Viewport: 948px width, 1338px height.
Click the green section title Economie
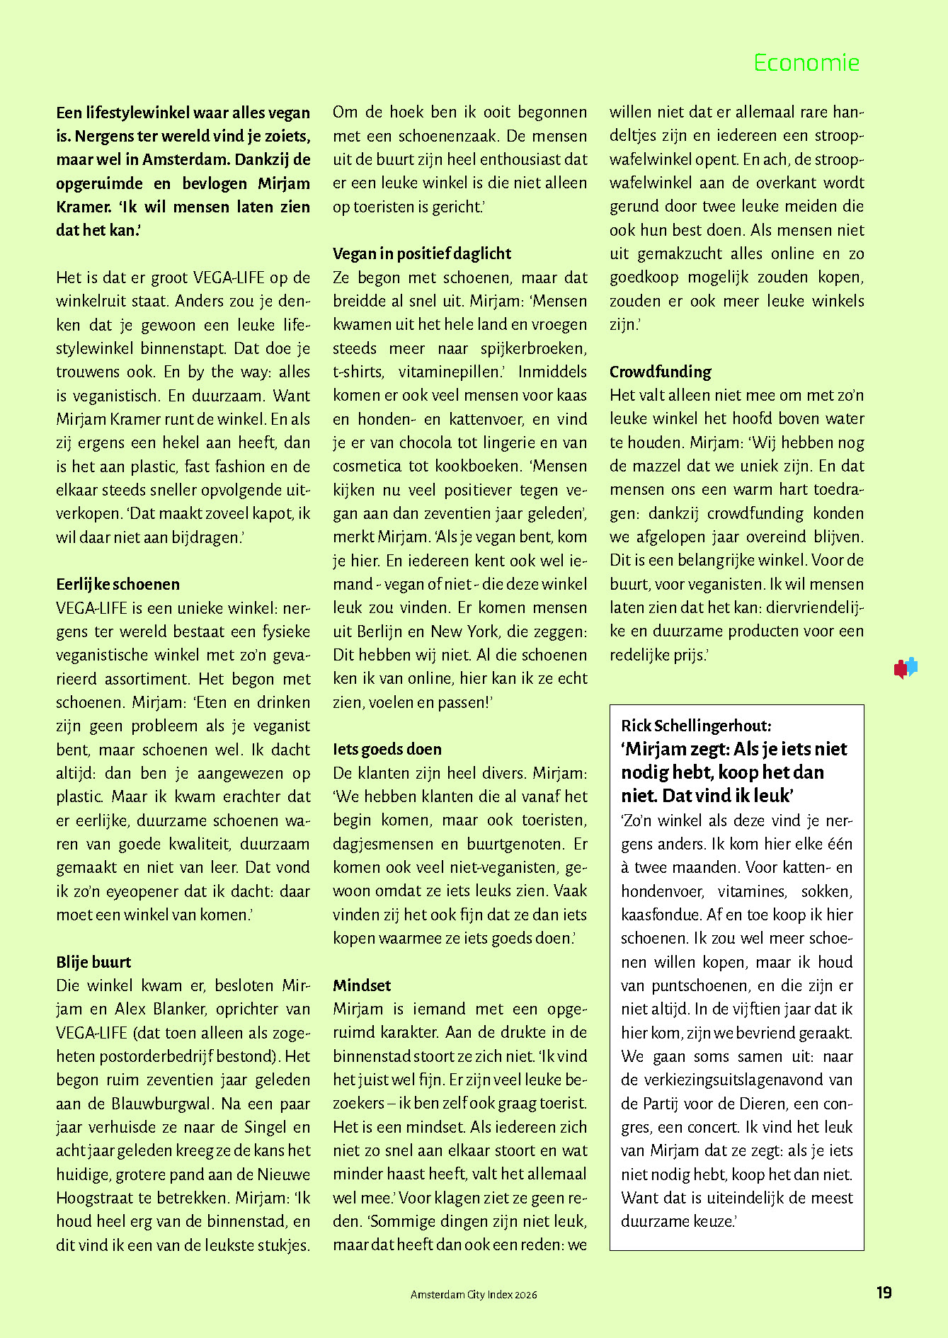pyautogui.click(x=806, y=63)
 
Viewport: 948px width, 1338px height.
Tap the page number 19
pyautogui.click(x=884, y=1293)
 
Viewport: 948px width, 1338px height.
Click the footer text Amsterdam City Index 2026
pyautogui.click(x=474, y=1294)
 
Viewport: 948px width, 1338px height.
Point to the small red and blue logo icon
pyautogui.click(x=906, y=668)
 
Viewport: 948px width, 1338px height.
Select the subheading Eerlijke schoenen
pyautogui.click(x=118, y=584)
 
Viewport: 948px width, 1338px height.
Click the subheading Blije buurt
pyautogui.click(x=93, y=962)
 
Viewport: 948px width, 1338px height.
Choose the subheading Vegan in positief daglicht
pyautogui.click(x=422, y=253)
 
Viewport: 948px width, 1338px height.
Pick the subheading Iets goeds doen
pyautogui.click(x=387, y=749)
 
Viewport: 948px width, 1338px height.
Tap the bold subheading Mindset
pyautogui.click(x=362, y=985)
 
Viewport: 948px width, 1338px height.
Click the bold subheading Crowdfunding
pyautogui.click(x=660, y=372)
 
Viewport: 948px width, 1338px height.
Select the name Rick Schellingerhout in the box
pyautogui.click(x=695, y=726)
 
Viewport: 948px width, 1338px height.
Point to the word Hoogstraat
pyautogui.click(x=92, y=1198)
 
